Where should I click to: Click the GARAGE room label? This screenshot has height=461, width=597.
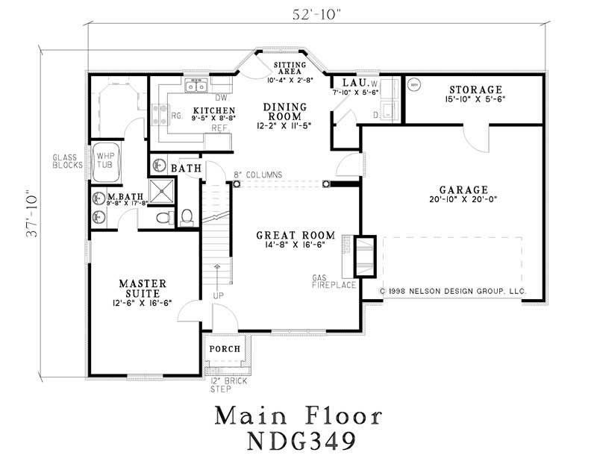[463, 190]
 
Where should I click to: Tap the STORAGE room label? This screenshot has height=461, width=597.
[475, 90]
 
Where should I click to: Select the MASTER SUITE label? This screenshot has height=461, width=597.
[143, 289]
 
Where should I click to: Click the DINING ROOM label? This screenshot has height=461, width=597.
[283, 112]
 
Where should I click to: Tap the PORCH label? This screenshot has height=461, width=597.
[225, 348]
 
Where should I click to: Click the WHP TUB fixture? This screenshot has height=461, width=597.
[104, 161]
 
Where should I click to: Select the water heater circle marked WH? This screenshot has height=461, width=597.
[414, 85]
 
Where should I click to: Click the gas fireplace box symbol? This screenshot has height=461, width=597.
[363, 251]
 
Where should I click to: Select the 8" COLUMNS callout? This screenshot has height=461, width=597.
[257, 175]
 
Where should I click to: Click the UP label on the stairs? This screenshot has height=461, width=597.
[218, 296]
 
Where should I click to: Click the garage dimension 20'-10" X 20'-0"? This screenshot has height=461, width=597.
[463, 200]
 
